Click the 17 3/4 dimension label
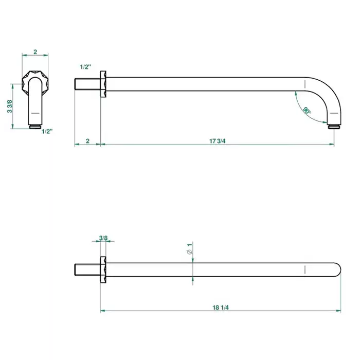click(x=217, y=141)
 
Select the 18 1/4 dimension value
click(x=221, y=308)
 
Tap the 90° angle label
click(x=307, y=111)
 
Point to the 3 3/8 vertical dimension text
click(x=10, y=106)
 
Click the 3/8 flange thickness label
click(x=103, y=238)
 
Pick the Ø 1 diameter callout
click(x=190, y=249)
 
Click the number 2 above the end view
click(x=35, y=52)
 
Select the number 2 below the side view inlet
click(x=88, y=141)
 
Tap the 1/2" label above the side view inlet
click(x=85, y=67)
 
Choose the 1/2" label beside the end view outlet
click(x=47, y=131)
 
